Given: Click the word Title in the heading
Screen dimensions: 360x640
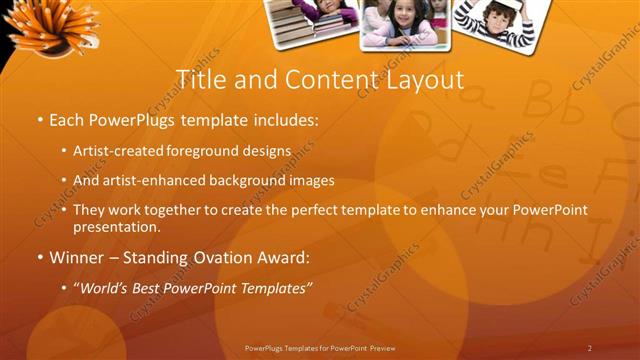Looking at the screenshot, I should (x=199, y=79).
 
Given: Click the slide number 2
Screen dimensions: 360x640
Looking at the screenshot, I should (x=590, y=347).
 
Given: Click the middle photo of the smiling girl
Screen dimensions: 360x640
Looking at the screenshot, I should (x=405, y=22).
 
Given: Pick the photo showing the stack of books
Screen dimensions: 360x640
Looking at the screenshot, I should (x=311, y=20).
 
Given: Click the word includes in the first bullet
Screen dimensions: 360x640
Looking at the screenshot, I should (x=287, y=121).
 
